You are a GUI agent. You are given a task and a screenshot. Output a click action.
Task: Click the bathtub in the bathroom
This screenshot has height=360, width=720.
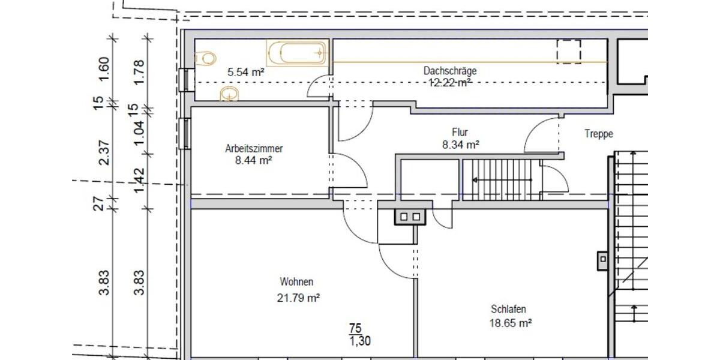coord(297,53)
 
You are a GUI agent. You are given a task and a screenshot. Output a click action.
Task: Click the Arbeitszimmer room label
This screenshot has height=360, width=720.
coord(254,148)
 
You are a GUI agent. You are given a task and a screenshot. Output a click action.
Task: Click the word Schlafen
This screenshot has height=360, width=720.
coord(508,310)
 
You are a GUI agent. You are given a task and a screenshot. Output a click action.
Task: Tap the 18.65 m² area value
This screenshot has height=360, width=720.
coord(511,323)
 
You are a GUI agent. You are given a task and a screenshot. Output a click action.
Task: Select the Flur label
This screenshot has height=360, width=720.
coord(460,132)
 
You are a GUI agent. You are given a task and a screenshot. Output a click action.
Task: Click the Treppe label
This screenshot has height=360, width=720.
coord(599,134)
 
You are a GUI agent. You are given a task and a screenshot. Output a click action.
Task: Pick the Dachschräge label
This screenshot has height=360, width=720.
coord(450,71)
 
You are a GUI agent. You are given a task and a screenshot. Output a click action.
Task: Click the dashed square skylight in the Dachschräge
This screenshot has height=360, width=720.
coord(568,52)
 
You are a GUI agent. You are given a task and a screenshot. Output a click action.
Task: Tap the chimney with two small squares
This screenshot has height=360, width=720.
coord(410,217)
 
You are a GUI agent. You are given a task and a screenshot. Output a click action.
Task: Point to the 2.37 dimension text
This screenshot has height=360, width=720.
coord(104,152)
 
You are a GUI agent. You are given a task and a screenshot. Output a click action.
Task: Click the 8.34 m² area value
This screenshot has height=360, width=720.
coord(460,144)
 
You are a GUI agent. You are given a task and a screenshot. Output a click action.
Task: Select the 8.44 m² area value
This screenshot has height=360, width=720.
coord(254,160)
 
